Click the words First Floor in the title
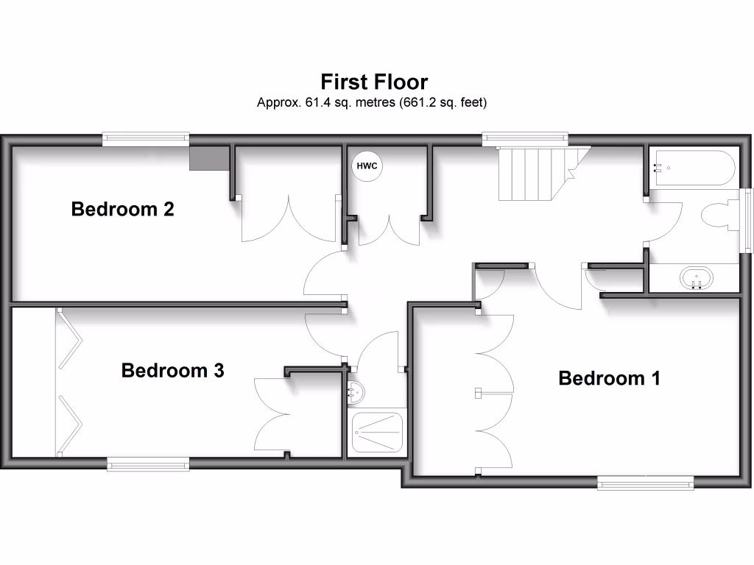pos(373,81)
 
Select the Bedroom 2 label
pos(122,209)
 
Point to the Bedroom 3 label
pos(172,370)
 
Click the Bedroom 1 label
pos(609,378)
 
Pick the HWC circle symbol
pos(367,166)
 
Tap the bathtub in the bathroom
pos(692,168)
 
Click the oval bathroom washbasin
pos(697,279)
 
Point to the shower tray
pos(376,432)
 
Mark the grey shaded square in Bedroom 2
pos(208,157)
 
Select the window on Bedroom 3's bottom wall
pos(148,463)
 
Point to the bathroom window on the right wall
pos(747,221)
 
